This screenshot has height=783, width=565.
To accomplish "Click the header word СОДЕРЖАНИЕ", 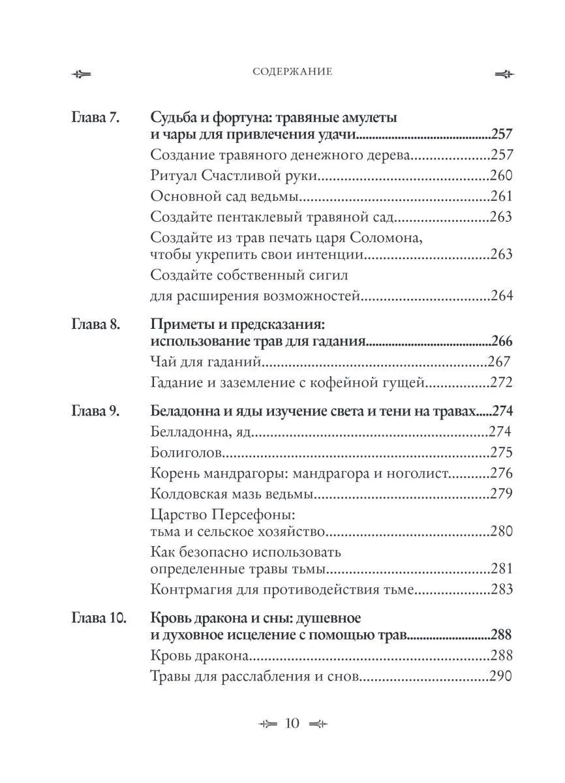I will (292, 72).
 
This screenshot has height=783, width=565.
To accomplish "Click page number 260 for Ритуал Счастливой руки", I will (501, 176).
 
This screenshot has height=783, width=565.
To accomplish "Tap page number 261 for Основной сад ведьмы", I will (501, 196).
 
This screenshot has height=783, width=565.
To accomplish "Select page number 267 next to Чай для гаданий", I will (499, 361).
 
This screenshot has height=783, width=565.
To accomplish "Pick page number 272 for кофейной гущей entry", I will (501, 382).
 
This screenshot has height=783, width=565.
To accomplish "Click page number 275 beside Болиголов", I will (501, 453).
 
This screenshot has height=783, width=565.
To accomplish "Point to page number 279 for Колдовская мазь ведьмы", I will (501, 495).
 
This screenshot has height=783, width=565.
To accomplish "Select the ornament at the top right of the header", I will (504, 74).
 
